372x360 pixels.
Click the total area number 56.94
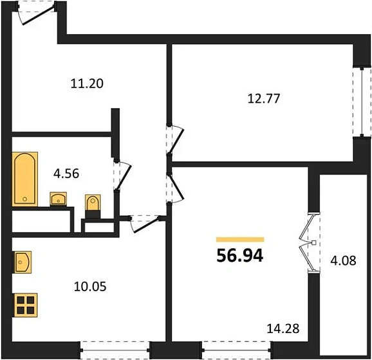pos(239,255)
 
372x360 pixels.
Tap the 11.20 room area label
pos(87,83)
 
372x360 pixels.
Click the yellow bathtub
pos(25,179)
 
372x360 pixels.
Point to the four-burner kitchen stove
pos(25,304)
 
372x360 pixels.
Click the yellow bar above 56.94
pos(239,239)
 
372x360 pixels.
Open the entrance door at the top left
pos(32,14)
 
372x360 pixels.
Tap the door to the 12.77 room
pos(174,138)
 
